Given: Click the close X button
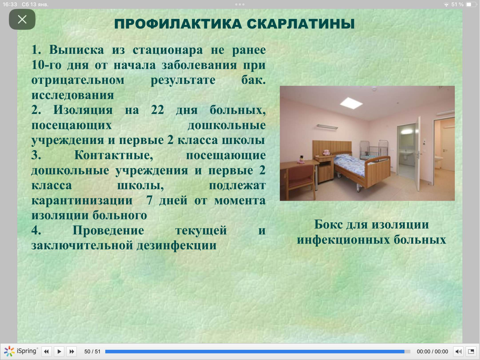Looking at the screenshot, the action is [22, 19].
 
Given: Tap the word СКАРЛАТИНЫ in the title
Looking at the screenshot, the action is [301, 24].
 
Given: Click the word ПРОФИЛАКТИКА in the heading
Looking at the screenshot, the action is [178, 24].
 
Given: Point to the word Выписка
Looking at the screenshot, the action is [76, 50].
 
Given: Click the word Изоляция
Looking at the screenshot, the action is [83, 110].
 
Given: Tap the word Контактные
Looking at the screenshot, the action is [114, 155].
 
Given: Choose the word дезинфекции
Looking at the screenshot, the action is [177, 245].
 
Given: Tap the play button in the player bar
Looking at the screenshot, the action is [59, 352].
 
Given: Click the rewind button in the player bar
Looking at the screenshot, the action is [46, 352].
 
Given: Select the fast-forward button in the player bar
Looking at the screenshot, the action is [72, 352].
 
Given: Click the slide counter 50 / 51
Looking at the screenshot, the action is [92, 352].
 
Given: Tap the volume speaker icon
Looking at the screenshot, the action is [458, 352].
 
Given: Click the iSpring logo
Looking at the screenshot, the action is [21, 351].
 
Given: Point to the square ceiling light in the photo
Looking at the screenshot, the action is [351, 103].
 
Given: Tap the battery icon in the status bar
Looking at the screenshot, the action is [471, 4].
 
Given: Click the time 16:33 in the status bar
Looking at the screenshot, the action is [10, 4].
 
